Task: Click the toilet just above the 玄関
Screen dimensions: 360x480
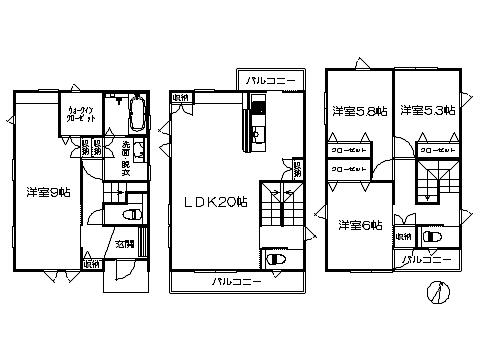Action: click(127, 215)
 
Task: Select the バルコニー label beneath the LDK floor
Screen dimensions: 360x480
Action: click(236, 282)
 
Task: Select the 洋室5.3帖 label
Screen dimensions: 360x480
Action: click(427, 112)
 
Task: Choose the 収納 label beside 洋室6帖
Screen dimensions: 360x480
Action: click(403, 236)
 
